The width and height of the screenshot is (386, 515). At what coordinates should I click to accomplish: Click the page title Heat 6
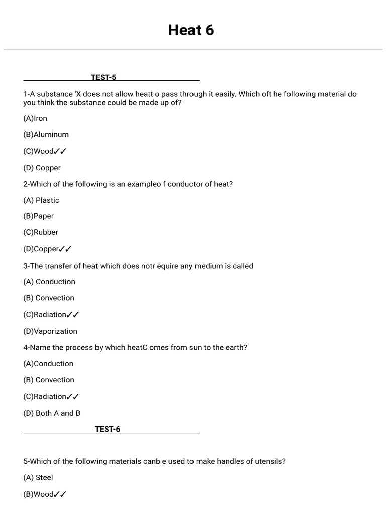click(x=191, y=30)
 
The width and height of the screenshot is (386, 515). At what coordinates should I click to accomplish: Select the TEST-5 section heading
click(x=104, y=77)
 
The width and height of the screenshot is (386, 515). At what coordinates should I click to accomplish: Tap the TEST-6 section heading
click(x=108, y=429)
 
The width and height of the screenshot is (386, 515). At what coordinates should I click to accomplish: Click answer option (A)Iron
click(x=35, y=118)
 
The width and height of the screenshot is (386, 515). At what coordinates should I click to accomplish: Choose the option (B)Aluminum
click(x=46, y=135)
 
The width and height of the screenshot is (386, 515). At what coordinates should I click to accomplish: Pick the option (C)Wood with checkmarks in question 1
click(x=45, y=151)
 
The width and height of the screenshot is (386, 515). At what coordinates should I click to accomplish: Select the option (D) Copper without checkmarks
click(x=42, y=168)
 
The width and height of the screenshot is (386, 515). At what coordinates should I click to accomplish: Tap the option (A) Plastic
click(x=41, y=200)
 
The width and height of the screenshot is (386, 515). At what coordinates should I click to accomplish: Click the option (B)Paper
click(x=39, y=216)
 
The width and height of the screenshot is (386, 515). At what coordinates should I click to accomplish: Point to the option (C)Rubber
click(x=41, y=232)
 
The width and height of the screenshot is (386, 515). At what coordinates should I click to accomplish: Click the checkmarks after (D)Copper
click(x=65, y=249)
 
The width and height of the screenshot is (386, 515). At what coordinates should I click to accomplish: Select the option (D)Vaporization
click(x=50, y=331)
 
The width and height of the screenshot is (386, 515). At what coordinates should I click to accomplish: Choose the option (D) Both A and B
click(x=52, y=413)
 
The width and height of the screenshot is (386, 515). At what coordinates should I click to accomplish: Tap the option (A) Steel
click(x=38, y=478)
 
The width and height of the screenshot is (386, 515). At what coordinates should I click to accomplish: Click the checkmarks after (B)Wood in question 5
click(x=60, y=494)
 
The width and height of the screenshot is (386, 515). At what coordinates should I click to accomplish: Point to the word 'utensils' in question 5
click(x=271, y=461)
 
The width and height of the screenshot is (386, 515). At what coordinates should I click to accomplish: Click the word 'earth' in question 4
click(x=234, y=348)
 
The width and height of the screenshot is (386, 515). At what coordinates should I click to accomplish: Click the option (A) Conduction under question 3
click(x=49, y=282)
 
